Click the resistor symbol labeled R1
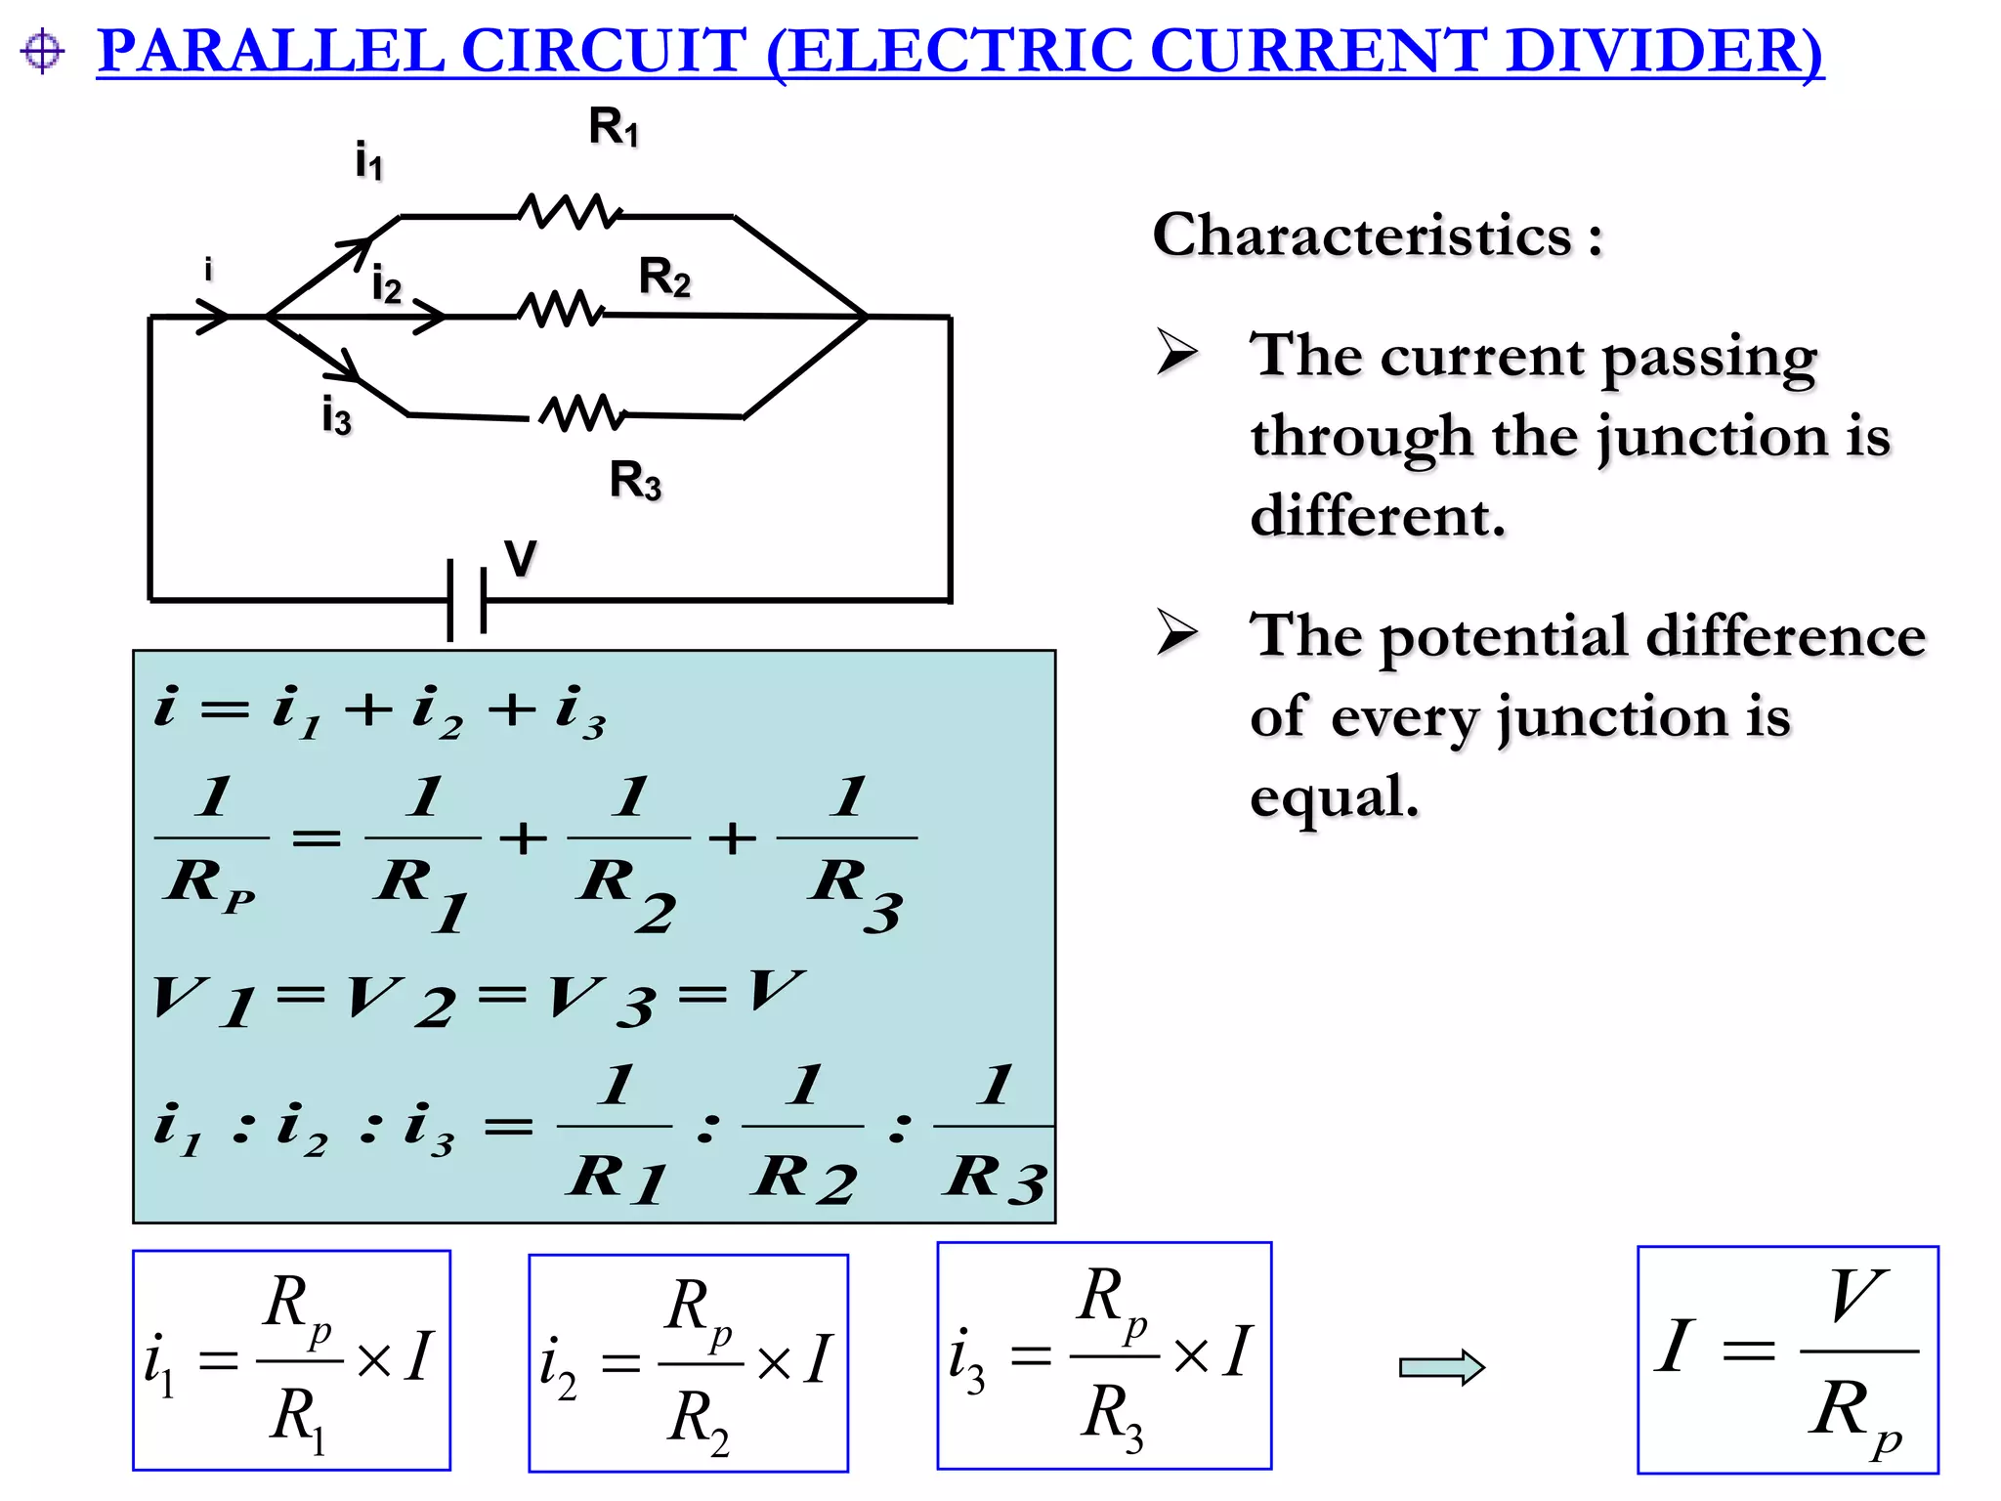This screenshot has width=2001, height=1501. point(569,212)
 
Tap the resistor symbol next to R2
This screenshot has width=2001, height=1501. point(561,311)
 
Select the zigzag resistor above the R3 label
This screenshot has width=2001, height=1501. point(582,413)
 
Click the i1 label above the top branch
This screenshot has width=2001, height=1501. point(368,161)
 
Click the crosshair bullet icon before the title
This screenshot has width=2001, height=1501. point(42,51)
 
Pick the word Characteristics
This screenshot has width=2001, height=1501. point(1362,236)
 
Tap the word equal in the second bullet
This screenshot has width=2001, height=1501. point(1333,796)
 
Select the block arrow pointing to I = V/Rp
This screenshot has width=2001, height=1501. point(1441,1366)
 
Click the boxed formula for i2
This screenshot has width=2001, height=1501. point(688,1362)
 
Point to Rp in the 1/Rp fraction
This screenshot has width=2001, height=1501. point(209,884)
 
